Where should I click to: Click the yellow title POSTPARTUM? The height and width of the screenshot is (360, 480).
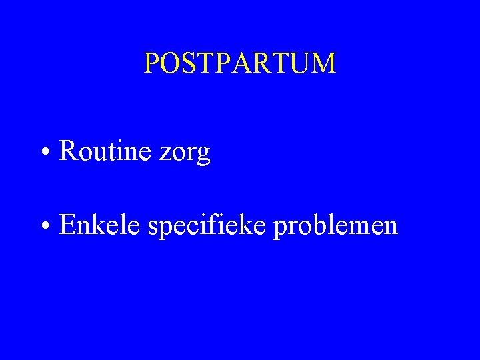[240, 63]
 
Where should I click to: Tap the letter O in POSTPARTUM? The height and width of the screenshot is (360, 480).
[167, 63]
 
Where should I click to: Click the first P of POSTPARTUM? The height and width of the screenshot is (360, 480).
[151, 63]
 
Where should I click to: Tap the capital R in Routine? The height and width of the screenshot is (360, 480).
[67, 151]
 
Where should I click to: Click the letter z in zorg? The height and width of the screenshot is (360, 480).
[165, 155]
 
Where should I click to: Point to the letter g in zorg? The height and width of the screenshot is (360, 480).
[203, 156]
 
